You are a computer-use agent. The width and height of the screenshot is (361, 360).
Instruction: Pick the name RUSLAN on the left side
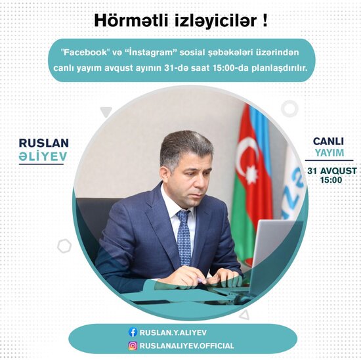(x=44, y=143)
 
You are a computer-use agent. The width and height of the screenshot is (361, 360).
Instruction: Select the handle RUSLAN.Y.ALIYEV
(x=173, y=332)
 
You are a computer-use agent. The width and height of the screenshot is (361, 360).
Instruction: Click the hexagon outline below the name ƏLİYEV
(x=64, y=246)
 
